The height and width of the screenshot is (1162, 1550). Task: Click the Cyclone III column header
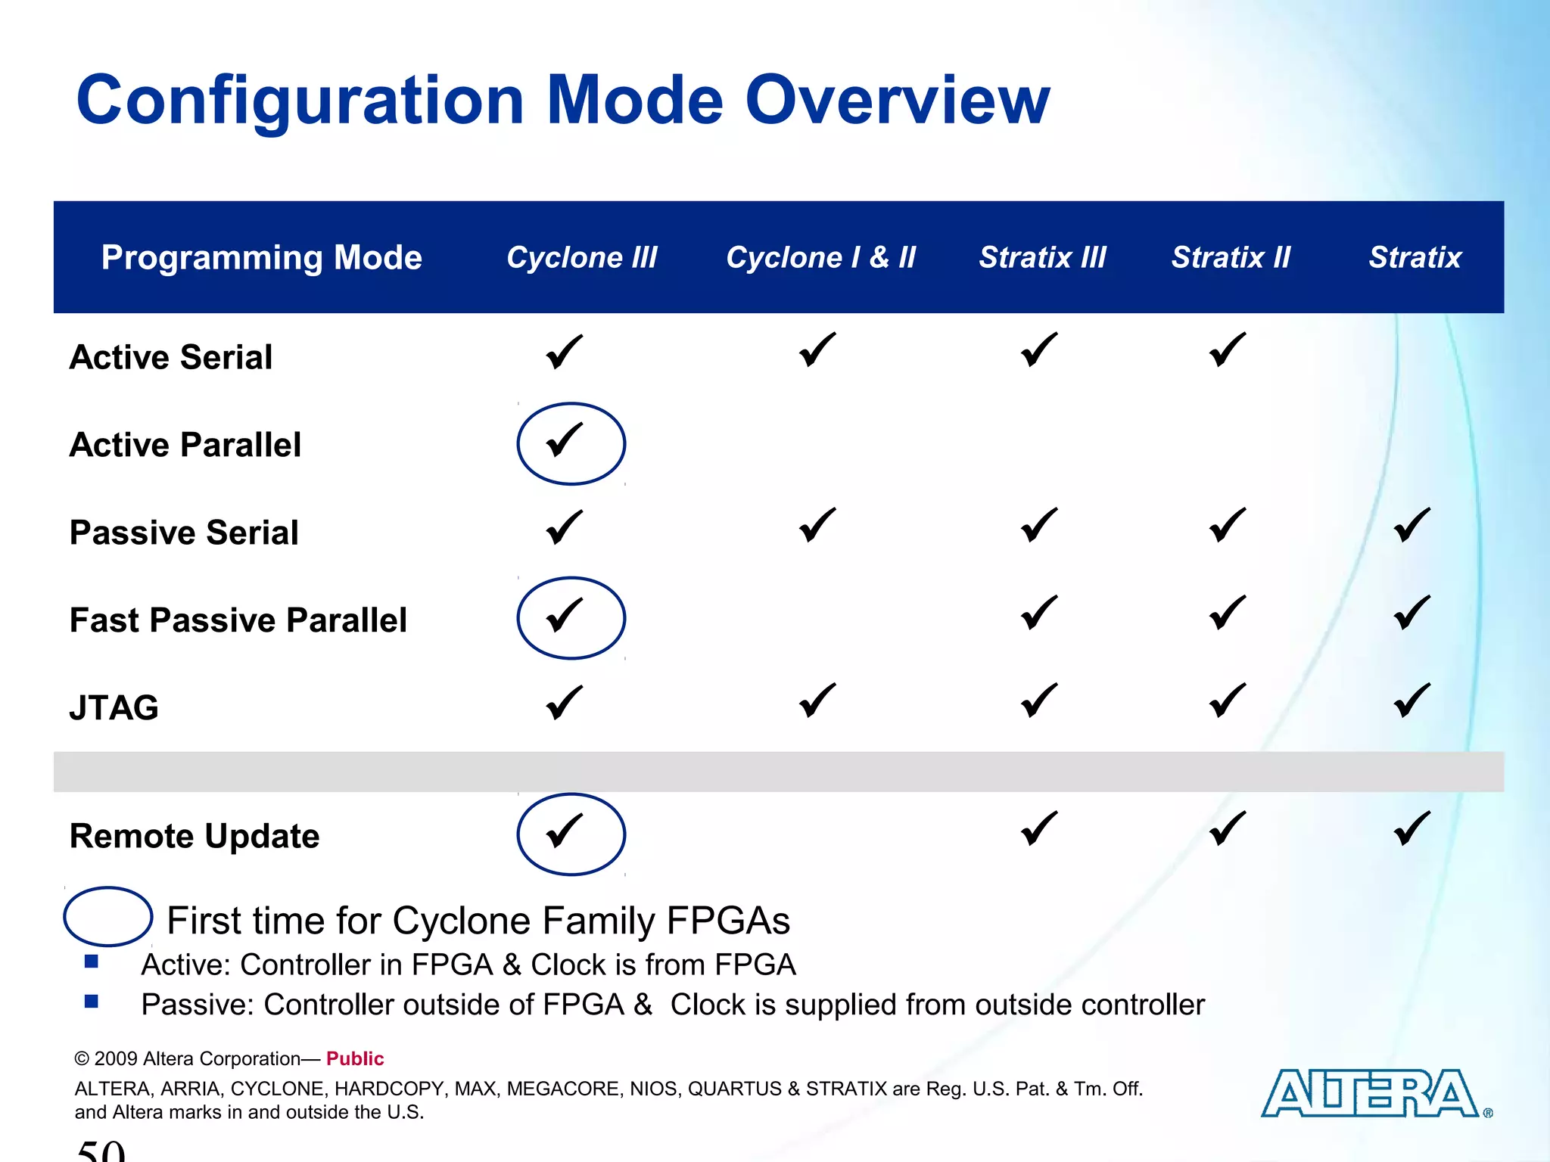[x=581, y=258]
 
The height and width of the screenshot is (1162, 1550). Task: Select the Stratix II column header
[x=1231, y=258]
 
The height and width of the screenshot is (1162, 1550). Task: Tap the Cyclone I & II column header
[x=820, y=258]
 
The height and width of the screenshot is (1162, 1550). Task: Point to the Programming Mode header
[x=261, y=258]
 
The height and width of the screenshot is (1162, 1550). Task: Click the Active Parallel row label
[x=185, y=445]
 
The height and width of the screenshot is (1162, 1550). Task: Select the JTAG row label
[x=114, y=708]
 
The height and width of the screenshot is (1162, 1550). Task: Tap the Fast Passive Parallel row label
[x=238, y=620]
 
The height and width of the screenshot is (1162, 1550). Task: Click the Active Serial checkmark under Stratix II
[x=1227, y=350]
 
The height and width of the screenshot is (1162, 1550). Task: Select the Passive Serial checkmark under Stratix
[x=1411, y=526]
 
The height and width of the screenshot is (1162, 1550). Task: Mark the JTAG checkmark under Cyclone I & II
[x=817, y=701]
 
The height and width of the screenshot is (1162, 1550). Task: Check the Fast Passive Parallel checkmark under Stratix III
[x=1039, y=613]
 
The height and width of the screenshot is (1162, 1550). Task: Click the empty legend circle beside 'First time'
[x=107, y=917]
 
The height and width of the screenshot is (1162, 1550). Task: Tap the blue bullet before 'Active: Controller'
[x=92, y=962]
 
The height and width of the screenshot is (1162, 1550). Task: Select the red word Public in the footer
[x=355, y=1058]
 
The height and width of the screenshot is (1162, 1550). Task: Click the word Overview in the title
[x=898, y=101]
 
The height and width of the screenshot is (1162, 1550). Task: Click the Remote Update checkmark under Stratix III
[x=1039, y=828]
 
